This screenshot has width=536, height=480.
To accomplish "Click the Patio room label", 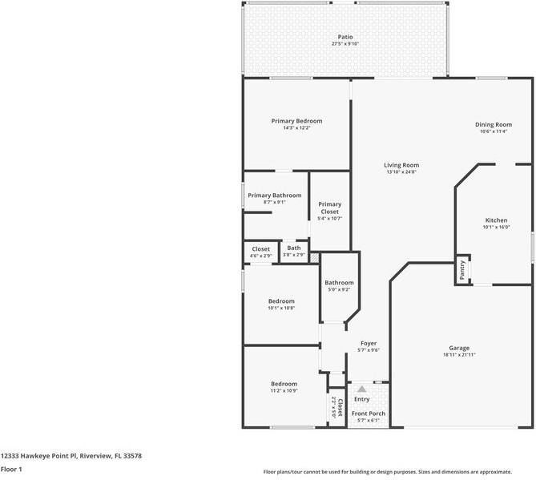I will pos(345,37).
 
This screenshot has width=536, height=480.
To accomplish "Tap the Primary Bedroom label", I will pos(296,120).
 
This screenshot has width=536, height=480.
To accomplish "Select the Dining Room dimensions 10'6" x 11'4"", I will pos(494,131).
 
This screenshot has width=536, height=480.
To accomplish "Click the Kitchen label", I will pos(496,220).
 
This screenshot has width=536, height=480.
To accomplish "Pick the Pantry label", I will pos(462,271).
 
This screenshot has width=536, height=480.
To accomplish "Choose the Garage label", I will pos(459,348).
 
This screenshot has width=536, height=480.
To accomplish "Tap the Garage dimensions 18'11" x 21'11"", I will pos(459,355).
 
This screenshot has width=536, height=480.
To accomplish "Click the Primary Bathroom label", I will pos(275,196).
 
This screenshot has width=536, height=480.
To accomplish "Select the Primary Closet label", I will pos(330,208).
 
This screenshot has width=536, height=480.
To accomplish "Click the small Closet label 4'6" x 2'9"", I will pos(261,249).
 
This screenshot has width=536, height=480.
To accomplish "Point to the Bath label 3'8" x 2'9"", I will pos(295,248).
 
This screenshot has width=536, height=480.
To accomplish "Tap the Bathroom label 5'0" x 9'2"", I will pos(339,283).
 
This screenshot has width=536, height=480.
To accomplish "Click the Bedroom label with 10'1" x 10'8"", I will pos(281,301).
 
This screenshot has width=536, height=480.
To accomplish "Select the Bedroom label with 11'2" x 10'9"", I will pos(284,384).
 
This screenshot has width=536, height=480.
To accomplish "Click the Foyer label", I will pos(368,343).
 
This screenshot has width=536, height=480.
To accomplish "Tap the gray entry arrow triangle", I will pos(361,389).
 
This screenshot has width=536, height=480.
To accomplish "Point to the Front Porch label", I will pos(369,413).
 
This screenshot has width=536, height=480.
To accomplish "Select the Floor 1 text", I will pos(11,469).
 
